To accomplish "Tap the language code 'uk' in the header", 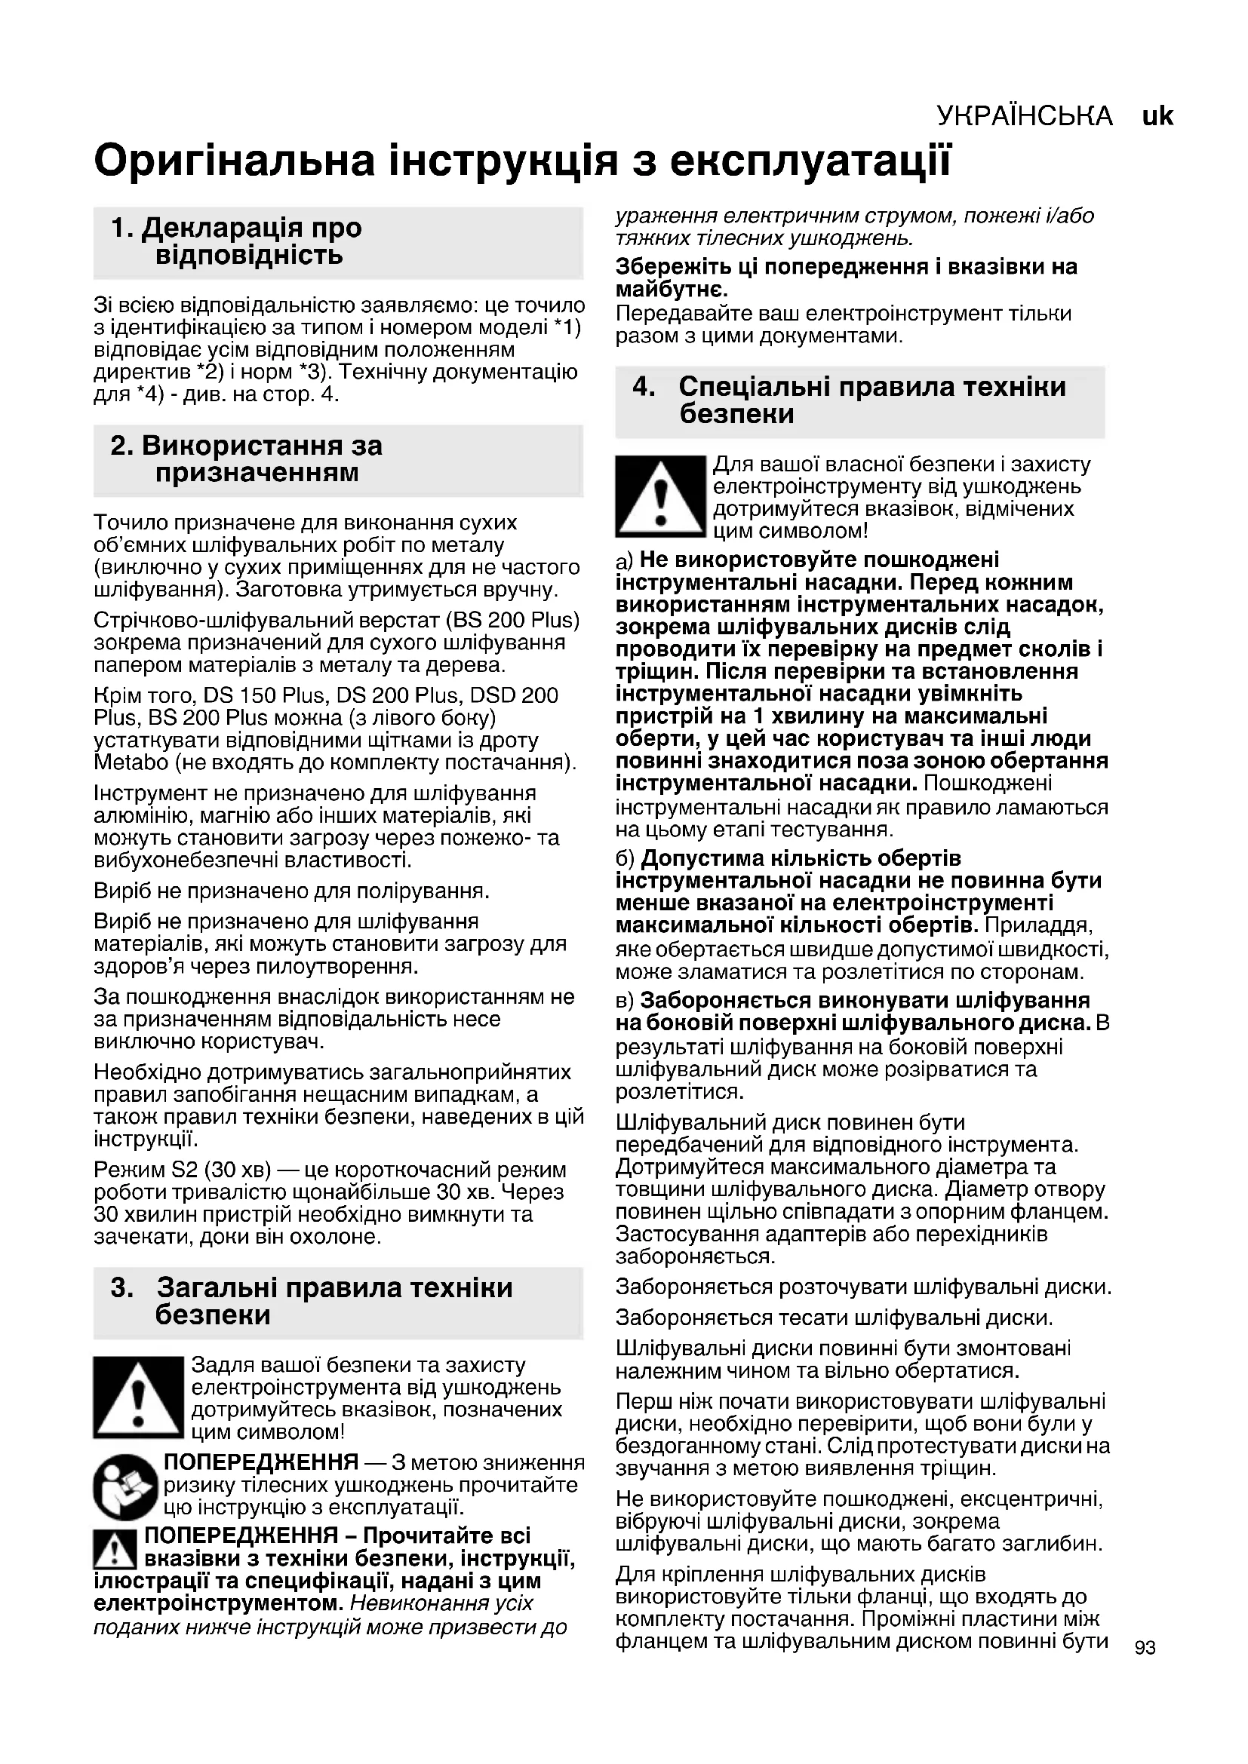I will pos(1157,116).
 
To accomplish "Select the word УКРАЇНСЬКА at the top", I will pos(1025,116).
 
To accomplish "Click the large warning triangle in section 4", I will pos(660,496).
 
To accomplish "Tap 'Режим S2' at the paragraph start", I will pos(146,1170).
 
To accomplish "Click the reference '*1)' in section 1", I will pos(567,328).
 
